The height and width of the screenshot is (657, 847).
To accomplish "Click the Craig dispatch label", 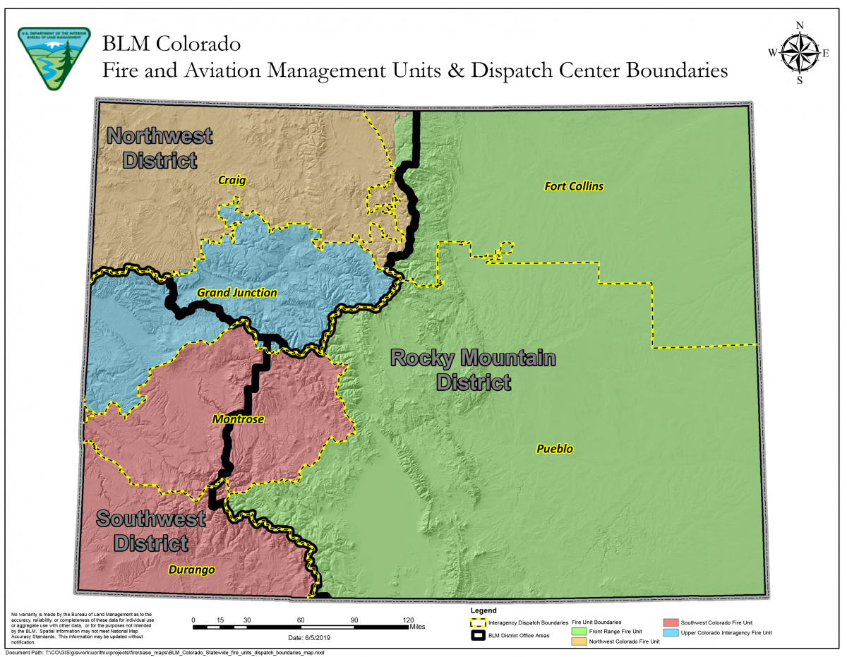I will click(232, 181).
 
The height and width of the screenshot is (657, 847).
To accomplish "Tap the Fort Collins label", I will click(574, 186).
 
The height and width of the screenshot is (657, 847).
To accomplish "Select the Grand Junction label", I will click(236, 292).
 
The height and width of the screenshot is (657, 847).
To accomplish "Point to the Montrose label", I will click(238, 419).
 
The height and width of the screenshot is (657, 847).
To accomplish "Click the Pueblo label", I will click(554, 449).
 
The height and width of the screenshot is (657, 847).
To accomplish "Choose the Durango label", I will click(191, 569).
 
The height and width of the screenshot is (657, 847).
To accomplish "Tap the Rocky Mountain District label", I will click(473, 370).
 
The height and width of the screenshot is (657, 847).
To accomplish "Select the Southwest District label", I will click(151, 531).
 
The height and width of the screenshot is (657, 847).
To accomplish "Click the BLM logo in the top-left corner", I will click(49, 59).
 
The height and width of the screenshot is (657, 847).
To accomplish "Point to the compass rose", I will click(799, 53).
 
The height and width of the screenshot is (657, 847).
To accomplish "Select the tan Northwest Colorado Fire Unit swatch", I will click(579, 641).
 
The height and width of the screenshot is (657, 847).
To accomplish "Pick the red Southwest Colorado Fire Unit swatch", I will click(671, 622).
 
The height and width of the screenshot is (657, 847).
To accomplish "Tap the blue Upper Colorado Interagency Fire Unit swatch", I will click(671, 632).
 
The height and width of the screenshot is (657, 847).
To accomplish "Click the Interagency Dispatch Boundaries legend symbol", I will click(479, 623).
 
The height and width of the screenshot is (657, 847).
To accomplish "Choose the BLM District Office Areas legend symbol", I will click(479, 635).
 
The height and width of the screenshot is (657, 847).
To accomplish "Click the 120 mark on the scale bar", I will click(408, 621).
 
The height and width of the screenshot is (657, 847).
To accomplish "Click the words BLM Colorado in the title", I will click(171, 44).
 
